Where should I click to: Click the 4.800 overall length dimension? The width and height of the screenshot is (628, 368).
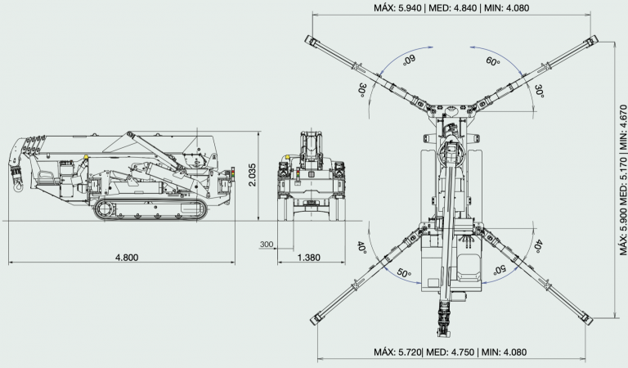[127, 257]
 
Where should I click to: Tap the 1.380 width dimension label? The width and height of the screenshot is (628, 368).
[309, 257]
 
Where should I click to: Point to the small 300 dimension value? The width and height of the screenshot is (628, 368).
[267, 244]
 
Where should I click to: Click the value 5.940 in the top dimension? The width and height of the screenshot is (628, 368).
[410, 7]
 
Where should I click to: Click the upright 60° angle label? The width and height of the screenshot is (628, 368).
[493, 61]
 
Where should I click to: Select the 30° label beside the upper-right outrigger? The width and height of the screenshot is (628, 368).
[540, 92]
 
